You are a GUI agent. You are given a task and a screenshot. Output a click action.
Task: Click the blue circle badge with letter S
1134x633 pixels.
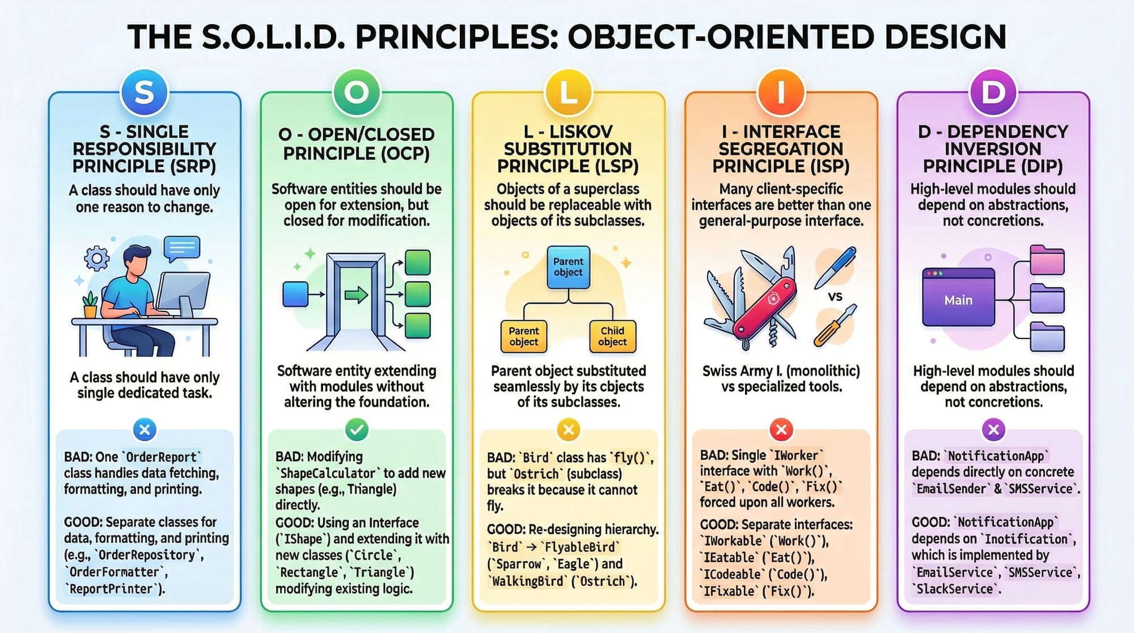[x=145, y=92]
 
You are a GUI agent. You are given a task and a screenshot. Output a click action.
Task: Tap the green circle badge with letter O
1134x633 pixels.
[x=357, y=92]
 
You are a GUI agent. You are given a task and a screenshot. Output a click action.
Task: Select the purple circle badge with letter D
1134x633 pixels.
[x=993, y=92]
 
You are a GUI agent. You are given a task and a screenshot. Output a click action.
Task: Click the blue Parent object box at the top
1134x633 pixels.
[x=568, y=267]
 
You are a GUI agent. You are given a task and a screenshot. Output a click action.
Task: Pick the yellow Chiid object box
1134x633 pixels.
[x=612, y=336]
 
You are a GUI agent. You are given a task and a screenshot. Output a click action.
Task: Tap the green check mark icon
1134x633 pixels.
[x=357, y=430]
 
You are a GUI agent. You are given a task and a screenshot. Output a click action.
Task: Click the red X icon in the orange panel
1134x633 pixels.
[x=781, y=430]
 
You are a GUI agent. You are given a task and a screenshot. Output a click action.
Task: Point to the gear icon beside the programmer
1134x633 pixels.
[x=97, y=259]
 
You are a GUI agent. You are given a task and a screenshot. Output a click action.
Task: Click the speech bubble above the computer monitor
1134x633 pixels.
[x=181, y=248]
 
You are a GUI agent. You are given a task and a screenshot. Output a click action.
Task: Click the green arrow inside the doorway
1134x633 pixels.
[x=356, y=294]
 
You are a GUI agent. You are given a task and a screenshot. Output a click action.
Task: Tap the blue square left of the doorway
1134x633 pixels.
[x=295, y=294]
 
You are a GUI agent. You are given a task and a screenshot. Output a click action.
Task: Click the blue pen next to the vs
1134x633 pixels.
[x=836, y=267]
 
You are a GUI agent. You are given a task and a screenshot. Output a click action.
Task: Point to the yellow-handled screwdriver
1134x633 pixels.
[x=835, y=326]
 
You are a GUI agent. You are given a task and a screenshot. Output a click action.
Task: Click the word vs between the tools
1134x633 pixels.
[x=835, y=296]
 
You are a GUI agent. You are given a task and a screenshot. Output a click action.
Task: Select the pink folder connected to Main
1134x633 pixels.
[x=1047, y=260]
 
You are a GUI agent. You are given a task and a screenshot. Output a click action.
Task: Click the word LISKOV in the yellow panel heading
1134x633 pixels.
[x=581, y=132]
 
